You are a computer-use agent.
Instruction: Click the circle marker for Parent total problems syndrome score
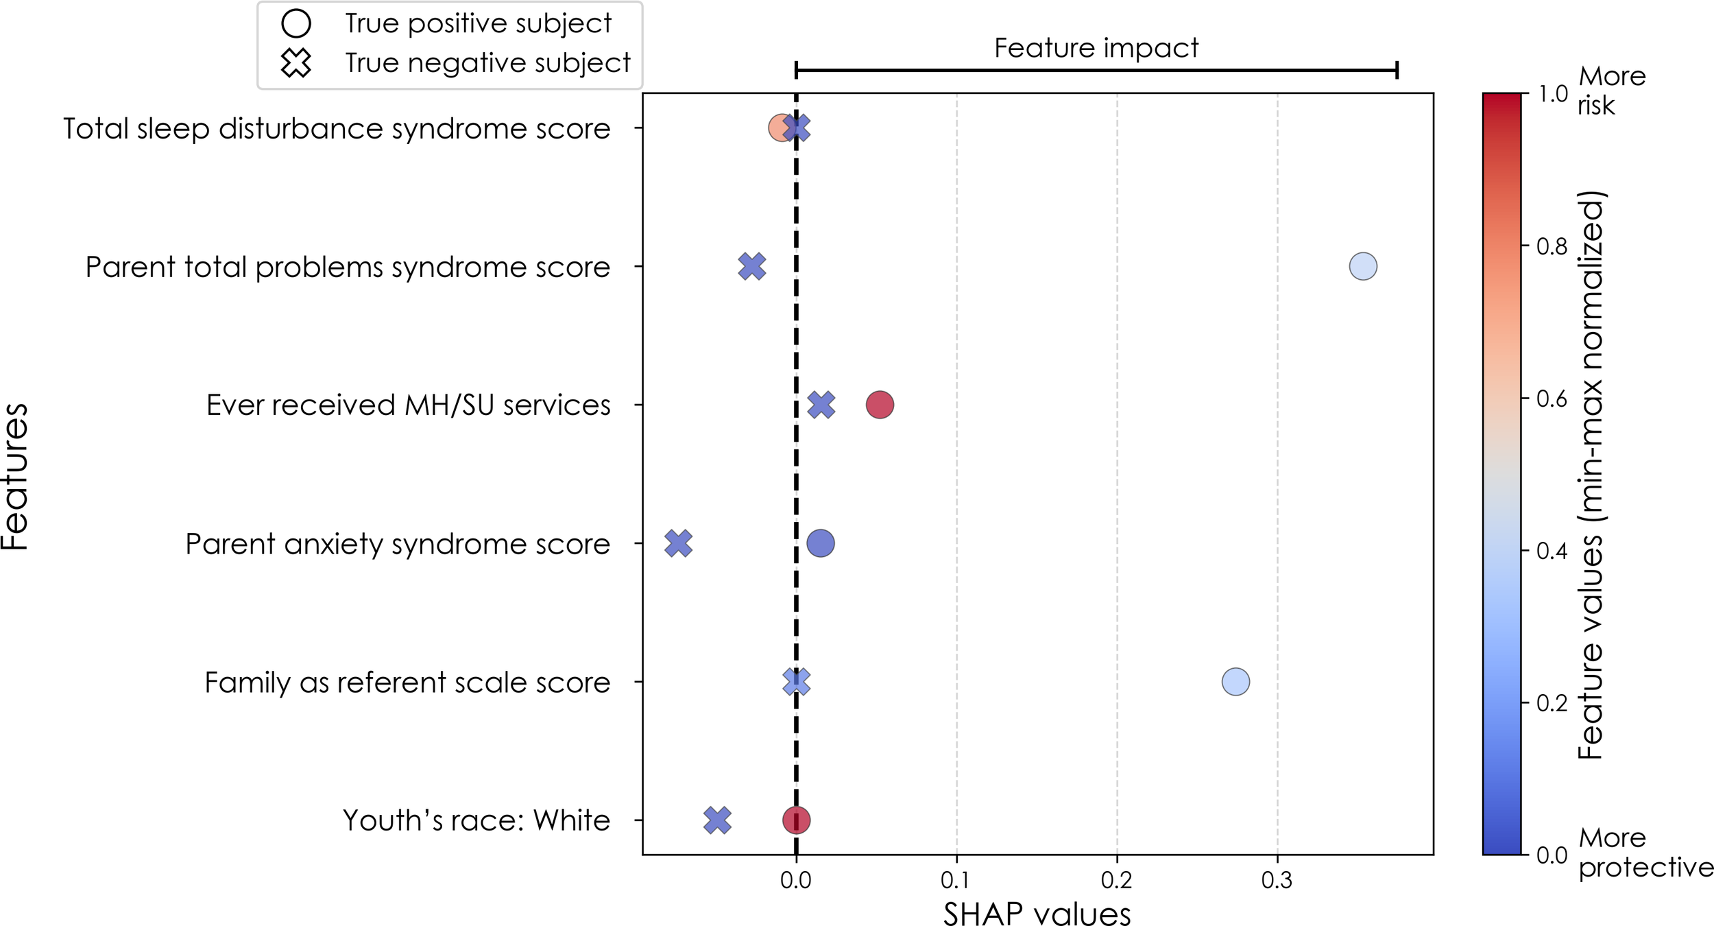pyautogui.click(x=1362, y=266)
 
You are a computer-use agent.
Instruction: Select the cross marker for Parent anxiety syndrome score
pyautogui.click(x=678, y=543)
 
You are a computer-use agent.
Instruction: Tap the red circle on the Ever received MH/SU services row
pyautogui.click(x=880, y=405)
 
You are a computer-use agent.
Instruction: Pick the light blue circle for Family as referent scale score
pyautogui.click(x=1235, y=682)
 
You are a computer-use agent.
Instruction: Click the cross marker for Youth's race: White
pyautogui.click(x=717, y=820)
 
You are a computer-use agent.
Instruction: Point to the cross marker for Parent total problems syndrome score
pyautogui.click(x=752, y=266)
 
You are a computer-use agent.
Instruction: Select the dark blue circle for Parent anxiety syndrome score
pyautogui.click(x=821, y=543)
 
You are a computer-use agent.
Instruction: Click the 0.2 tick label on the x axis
pyautogui.click(x=1116, y=880)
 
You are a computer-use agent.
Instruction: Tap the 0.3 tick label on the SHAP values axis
pyautogui.click(x=1277, y=880)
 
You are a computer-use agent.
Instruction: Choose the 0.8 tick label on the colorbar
pyautogui.click(x=1552, y=246)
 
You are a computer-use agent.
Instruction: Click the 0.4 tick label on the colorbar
pyautogui.click(x=1552, y=551)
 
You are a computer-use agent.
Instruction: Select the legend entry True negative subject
pyautogui.click(x=487, y=63)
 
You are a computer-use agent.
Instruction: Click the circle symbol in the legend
pyautogui.click(x=296, y=23)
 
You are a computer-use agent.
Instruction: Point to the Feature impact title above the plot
pyautogui.click(x=1096, y=48)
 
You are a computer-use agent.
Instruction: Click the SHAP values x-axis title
pyautogui.click(x=1037, y=912)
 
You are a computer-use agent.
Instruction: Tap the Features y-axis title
pyautogui.click(x=15, y=476)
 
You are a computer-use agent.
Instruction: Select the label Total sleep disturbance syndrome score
pyautogui.click(x=337, y=129)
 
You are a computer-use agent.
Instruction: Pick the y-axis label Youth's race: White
pyautogui.click(x=476, y=820)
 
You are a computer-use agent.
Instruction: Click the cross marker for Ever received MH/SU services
pyautogui.click(x=821, y=405)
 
